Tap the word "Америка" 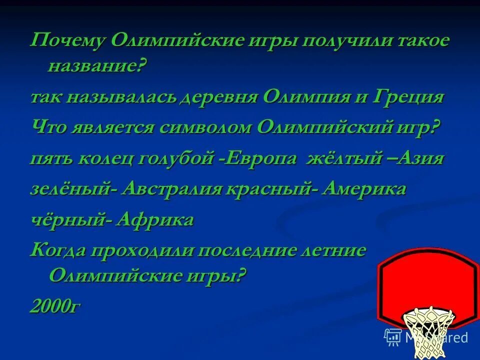pos(364,189)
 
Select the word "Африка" pos(154,220)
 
